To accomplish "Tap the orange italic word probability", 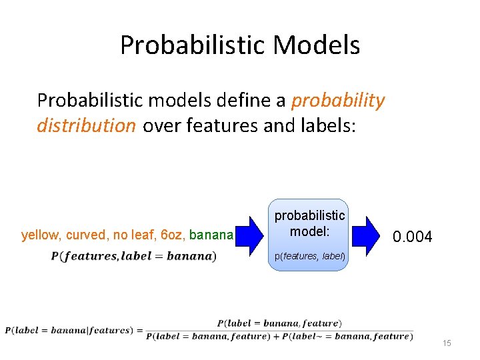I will (339, 100).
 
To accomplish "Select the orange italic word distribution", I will (86, 126).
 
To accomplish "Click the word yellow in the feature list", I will (38, 235).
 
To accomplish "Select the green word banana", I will (210, 235).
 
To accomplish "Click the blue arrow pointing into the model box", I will (251, 235).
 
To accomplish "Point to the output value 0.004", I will (412, 237).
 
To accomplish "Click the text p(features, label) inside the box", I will (308, 255).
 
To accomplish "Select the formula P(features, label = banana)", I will (133, 256).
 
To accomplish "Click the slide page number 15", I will (447, 343).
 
